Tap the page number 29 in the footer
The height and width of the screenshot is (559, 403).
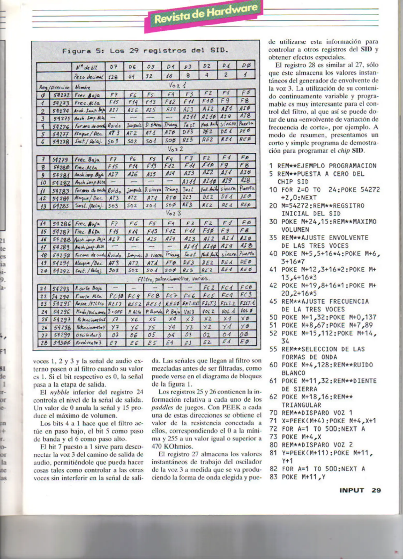[376, 490]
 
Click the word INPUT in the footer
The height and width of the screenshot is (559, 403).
[352, 490]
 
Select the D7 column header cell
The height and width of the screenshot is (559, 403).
[114, 67]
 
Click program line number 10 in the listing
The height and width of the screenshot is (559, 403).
[273, 190]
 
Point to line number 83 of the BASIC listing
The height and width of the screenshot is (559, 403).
[273, 477]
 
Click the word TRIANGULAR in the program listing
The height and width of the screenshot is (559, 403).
[301, 405]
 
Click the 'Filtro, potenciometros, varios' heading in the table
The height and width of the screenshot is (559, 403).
[174, 279]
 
